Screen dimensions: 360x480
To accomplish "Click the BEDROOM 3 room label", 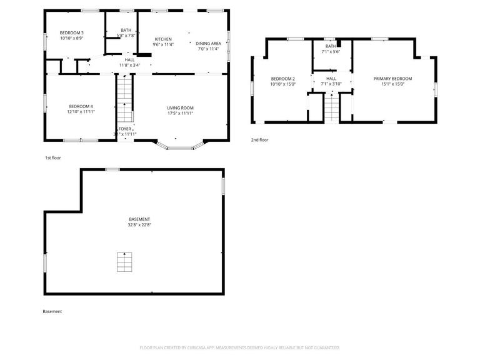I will pyautogui.click(x=72, y=32).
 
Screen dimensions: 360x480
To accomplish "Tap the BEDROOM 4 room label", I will pyautogui.click(x=81, y=106).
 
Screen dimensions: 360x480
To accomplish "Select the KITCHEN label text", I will pyautogui.click(x=163, y=39).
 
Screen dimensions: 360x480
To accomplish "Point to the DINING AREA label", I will pyautogui.click(x=207, y=43).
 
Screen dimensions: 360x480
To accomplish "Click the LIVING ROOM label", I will pyautogui.click(x=180, y=107).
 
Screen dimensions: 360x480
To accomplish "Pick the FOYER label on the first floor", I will pyautogui.click(x=125, y=128).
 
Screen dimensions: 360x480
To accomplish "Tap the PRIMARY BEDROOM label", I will pyautogui.click(x=392, y=78).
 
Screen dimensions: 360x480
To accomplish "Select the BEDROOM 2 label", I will pyautogui.click(x=282, y=78).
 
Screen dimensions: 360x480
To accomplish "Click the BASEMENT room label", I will pyautogui.click(x=139, y=219).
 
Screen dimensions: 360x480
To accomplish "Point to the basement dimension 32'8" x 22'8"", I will pyautogui.click(x=139, y=224).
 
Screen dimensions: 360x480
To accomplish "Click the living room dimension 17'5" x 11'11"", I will pyautogui.click(x=180, y=113).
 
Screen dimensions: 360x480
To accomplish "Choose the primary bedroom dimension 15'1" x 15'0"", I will pyautogui.click(x=392, y=84).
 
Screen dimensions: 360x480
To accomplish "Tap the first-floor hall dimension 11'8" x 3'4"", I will pyautogui.click(x=129, y=64).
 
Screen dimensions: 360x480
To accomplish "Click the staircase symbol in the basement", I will pyautogui.click(x=124, y=262).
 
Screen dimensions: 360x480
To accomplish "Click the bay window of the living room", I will pyautogui.click(x=181, y=146).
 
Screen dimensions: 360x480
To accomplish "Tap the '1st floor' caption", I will pyautogui.click(x=52, y=157).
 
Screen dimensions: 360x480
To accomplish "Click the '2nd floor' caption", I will pyautogui.click(x=259, y=140).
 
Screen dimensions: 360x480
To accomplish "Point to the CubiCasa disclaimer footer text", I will pyautogui.click(x=239, y=347).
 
